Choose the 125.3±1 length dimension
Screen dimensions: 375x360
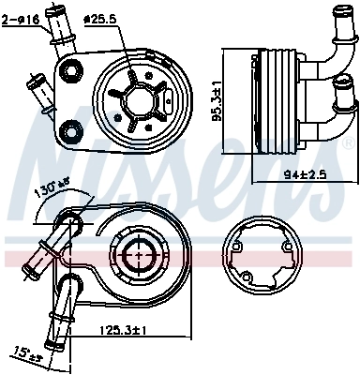tap(124, 330)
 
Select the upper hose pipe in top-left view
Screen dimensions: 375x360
tap(58, 37)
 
